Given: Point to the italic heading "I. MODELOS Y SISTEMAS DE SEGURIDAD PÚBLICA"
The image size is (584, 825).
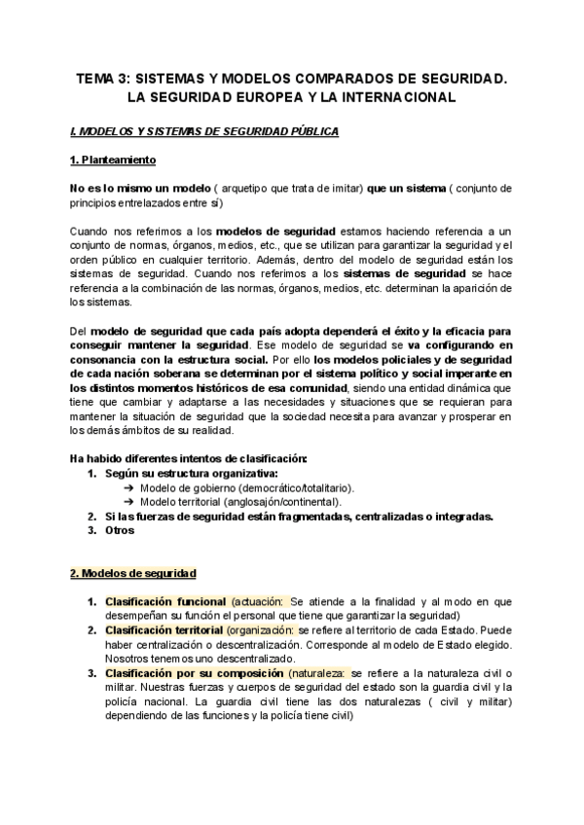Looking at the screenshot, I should point(204,130).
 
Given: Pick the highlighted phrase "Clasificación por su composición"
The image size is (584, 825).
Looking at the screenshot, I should point(195,673).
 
